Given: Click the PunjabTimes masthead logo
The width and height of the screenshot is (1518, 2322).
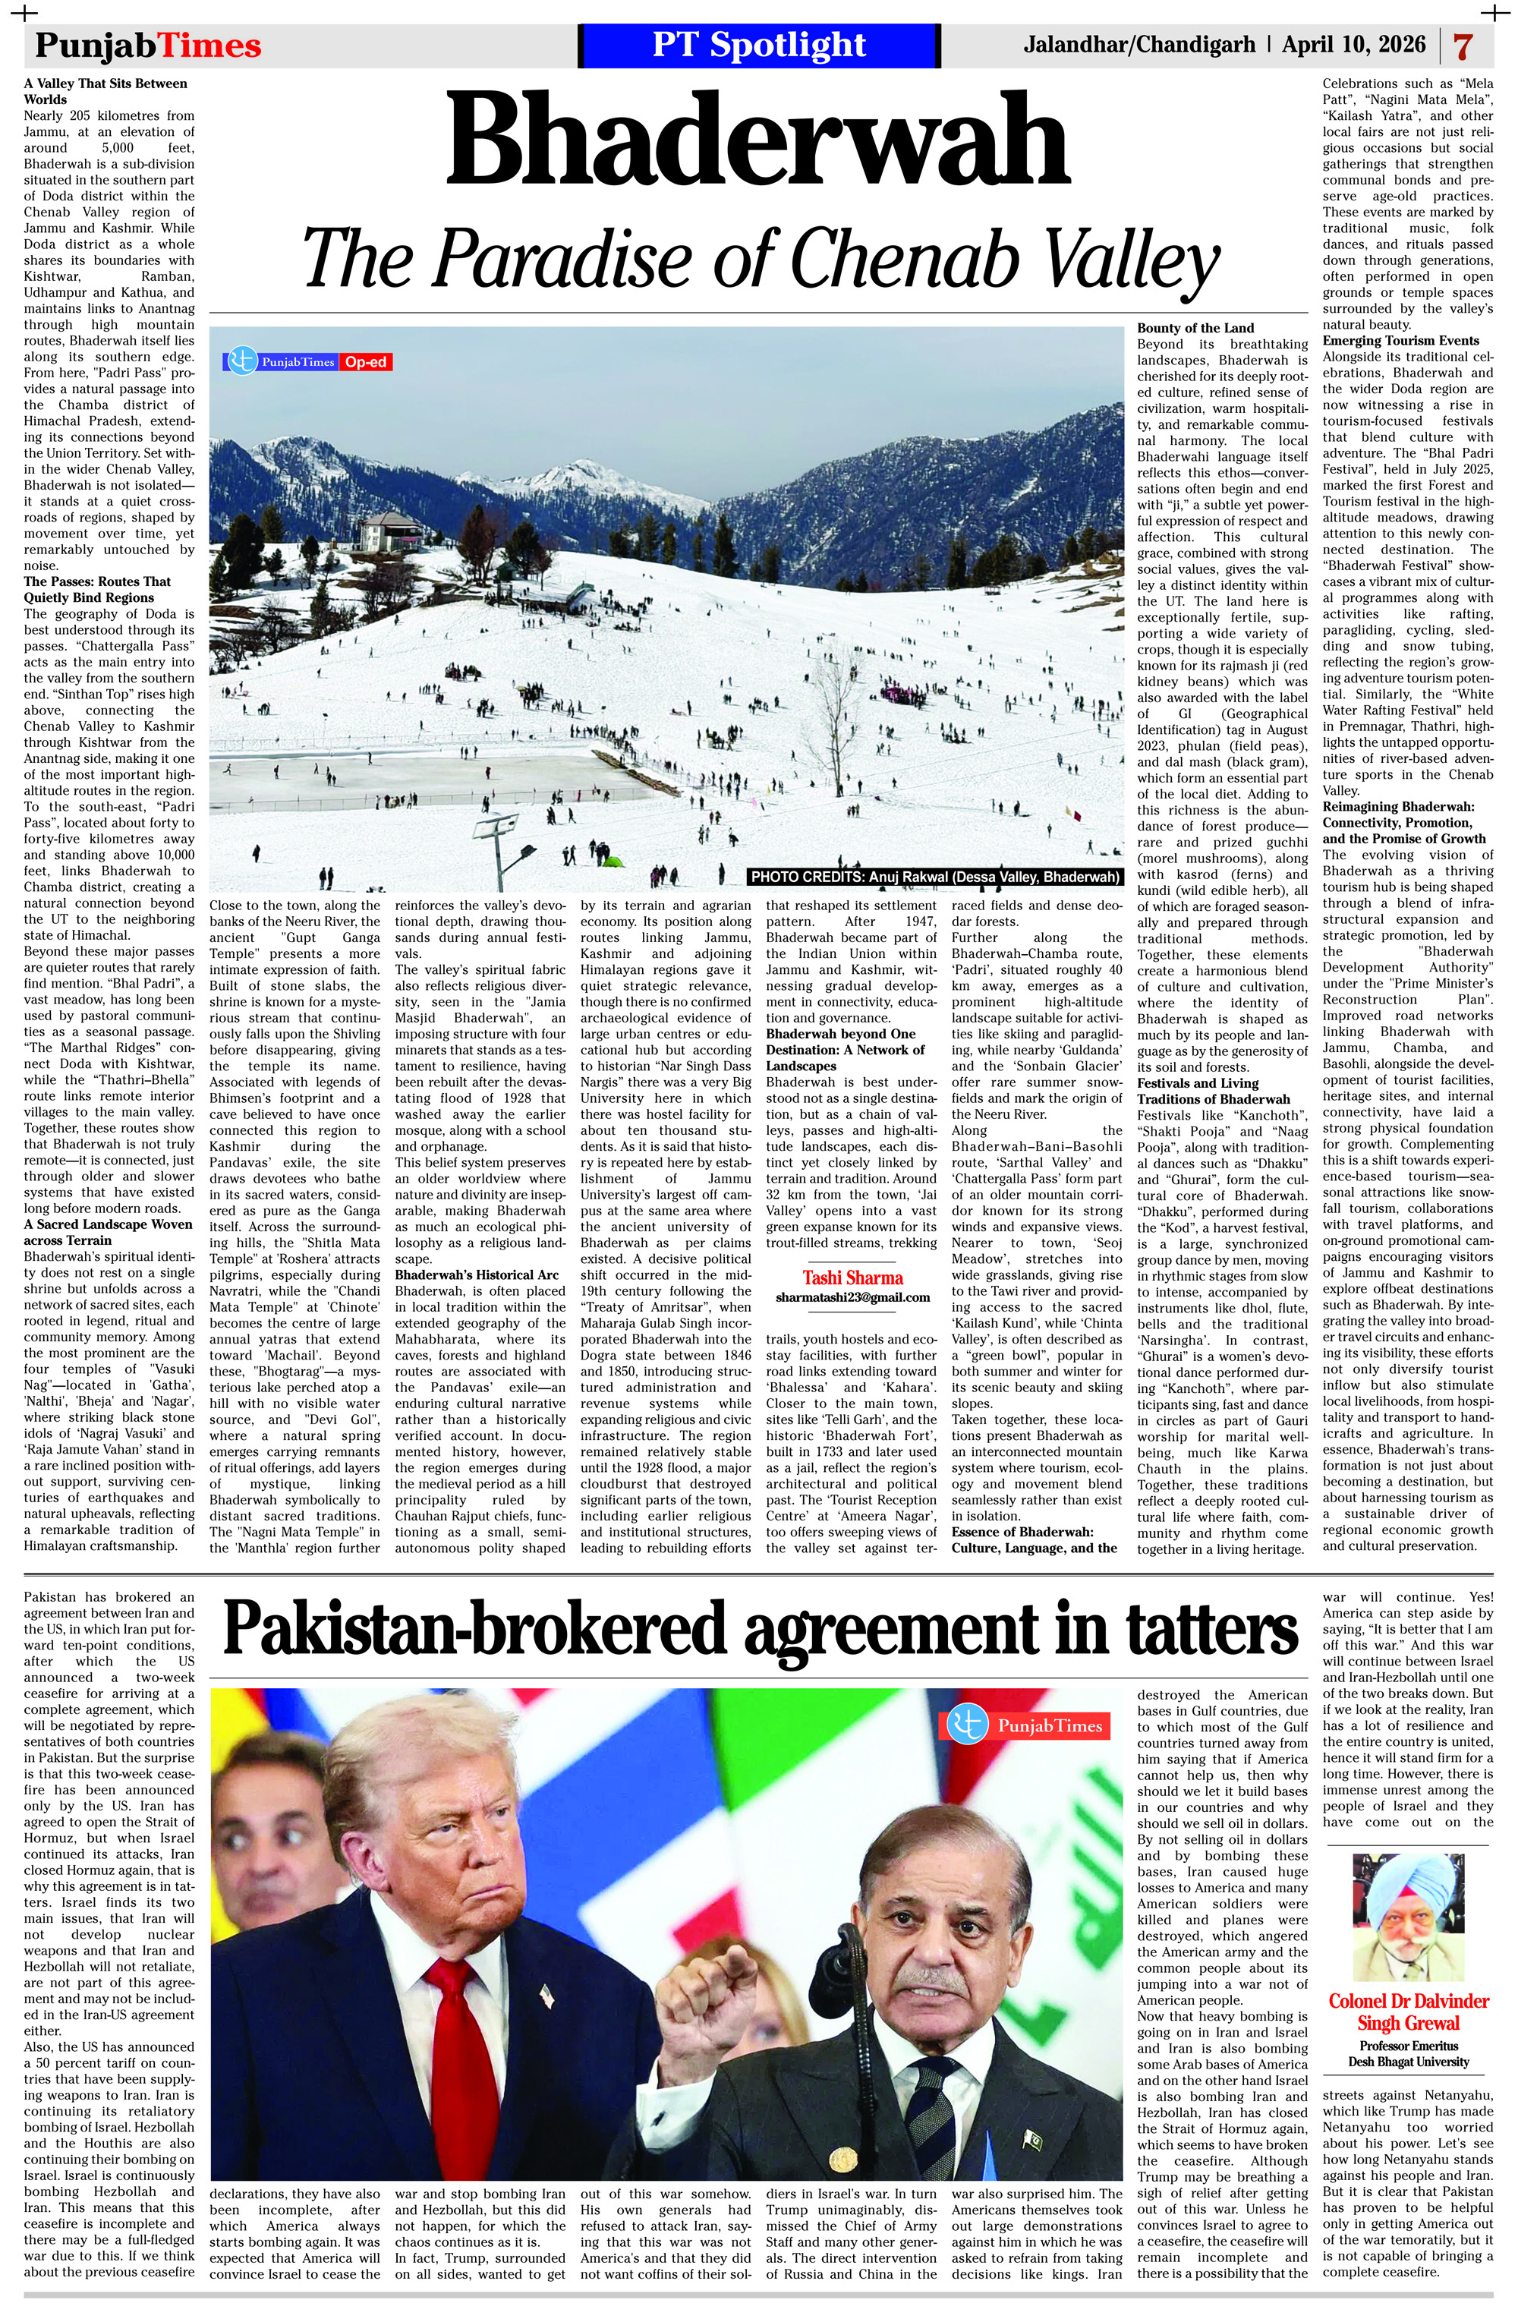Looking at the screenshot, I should pos(148,46).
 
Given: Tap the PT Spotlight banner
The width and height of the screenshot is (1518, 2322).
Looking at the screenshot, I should pos(758,46).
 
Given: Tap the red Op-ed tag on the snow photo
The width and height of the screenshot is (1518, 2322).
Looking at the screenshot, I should pos(366,363).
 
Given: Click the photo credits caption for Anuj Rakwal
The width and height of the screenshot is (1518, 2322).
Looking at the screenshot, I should pos(934,877).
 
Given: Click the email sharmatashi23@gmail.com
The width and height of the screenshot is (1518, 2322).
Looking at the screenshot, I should pos(852,1297).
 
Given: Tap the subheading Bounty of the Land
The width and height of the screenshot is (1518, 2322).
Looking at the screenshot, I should pos(1195,328).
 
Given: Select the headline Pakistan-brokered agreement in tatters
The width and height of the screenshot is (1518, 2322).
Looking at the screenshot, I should pos(760,1629).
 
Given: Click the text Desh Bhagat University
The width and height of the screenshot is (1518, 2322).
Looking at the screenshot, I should pos(1408,2062).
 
